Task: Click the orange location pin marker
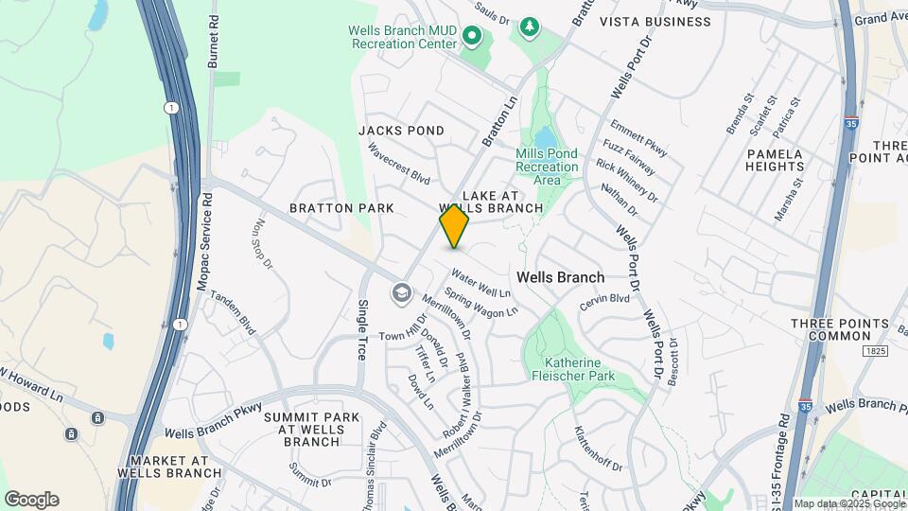click(454, 226)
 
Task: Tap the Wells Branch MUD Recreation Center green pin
click(471, 38)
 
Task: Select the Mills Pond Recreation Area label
click(547, 167)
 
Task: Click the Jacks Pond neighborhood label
click(401, 131)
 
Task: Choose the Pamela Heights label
click(775, 160)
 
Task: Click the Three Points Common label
click(840, 329)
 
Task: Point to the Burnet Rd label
click(214, 43)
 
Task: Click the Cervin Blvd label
click(604, 298)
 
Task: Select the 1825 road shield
click(873, 351)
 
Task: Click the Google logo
click(31, 500)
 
